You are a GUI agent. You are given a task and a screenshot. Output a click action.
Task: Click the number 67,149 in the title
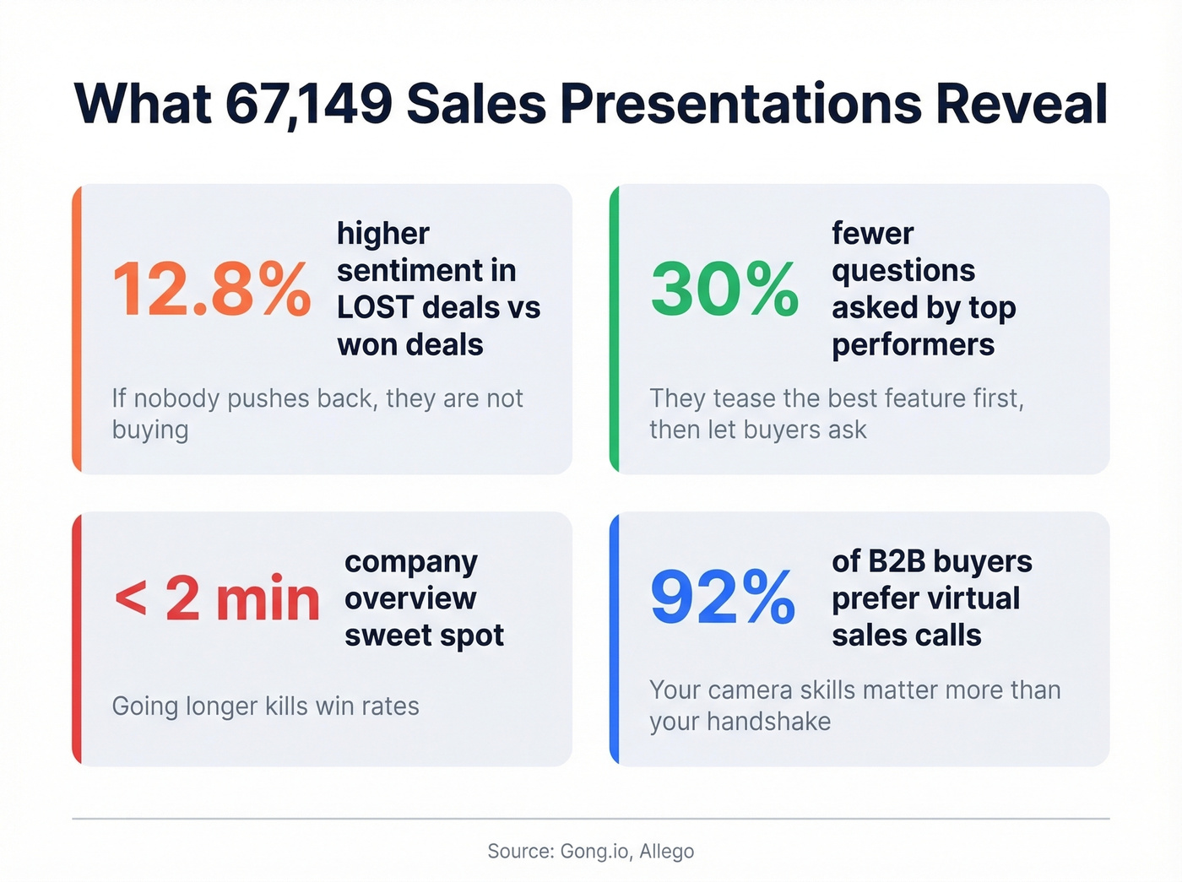[x=309, y=104]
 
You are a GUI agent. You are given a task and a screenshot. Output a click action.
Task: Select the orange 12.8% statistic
[x=211, y=289]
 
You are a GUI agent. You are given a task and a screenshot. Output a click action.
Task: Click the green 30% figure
[x=724, y=289]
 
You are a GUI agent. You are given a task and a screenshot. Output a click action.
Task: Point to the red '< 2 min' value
[x=217, y=599]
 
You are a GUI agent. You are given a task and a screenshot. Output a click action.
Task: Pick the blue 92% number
[x=723, y=598]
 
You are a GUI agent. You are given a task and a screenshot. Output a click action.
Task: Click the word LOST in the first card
[x=375, y=307]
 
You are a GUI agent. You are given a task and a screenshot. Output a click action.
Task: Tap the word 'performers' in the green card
[x=913, y=344]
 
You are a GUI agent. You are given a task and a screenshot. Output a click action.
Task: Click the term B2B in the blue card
[x=896, y=561]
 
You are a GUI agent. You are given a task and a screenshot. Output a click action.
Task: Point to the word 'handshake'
[x=768, y=722]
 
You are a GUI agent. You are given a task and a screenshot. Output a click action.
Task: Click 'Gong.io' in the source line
[x=595, y=851]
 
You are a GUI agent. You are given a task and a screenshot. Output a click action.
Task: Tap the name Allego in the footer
[x=666, y=851]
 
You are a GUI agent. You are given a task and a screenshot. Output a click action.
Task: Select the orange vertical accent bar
[x=77, y=328]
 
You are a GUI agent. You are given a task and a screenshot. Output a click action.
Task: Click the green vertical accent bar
[x=614, y=328]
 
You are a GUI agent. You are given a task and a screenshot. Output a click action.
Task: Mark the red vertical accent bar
[x=77, y=639]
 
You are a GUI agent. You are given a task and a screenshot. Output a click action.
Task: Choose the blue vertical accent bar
[x=614, y=639]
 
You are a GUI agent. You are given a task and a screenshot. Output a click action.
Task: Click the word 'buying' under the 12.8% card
[x=150, y=430]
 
